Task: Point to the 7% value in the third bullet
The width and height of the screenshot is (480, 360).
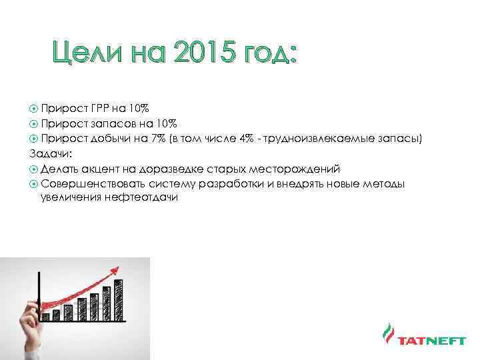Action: (x=157, y=138)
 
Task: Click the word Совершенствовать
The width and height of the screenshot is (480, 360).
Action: (x=87, y=183)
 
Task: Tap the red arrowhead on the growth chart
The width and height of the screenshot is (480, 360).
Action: (x=118, y=269)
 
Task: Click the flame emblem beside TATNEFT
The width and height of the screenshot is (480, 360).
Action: (x=387, y=337)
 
